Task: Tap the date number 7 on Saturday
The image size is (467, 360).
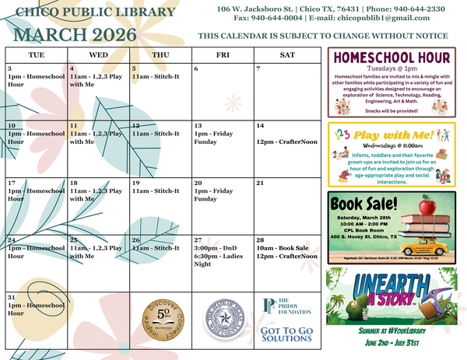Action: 259,69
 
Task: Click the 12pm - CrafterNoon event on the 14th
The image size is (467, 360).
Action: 286,142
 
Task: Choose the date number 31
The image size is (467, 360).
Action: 12,297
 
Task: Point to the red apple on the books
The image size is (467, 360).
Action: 426,207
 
